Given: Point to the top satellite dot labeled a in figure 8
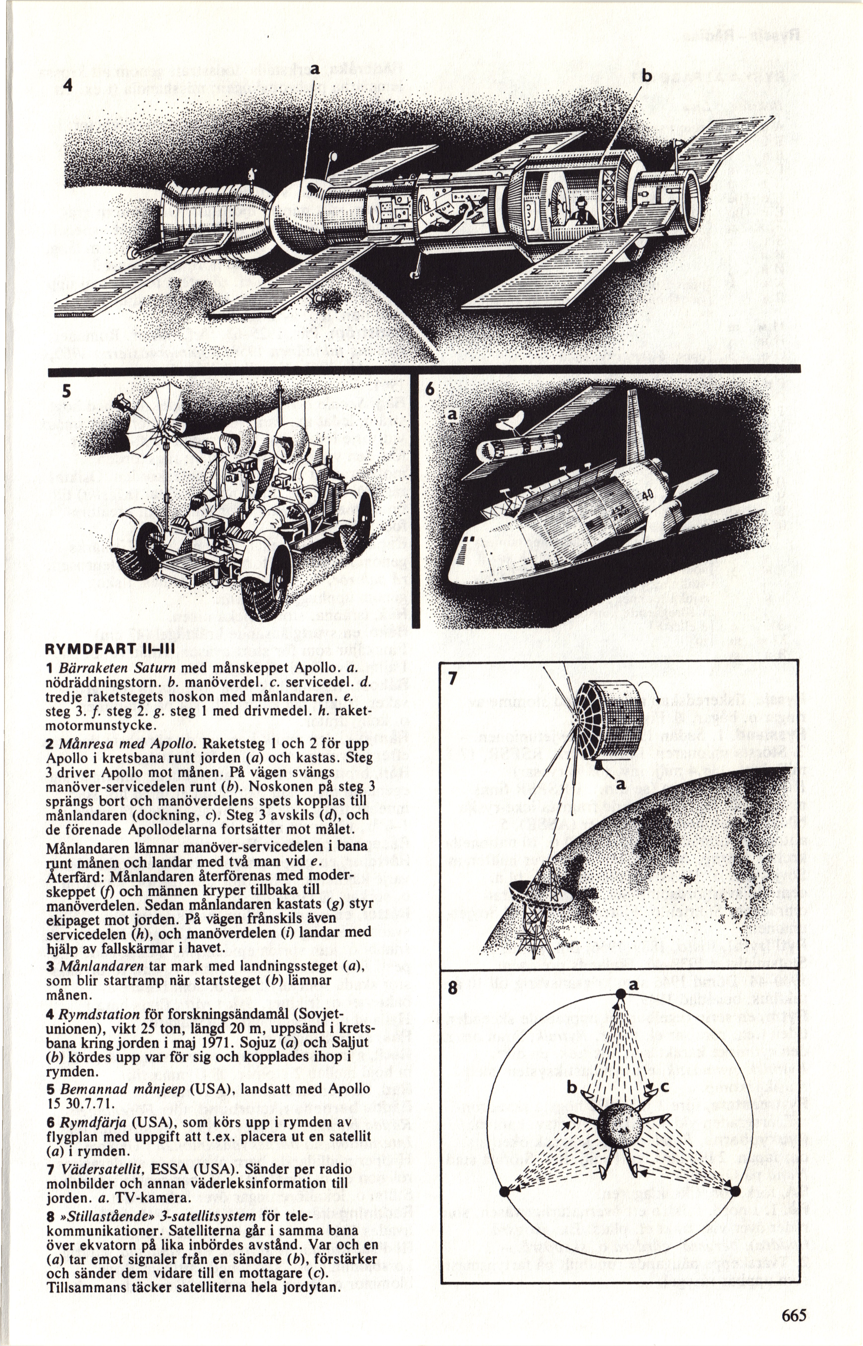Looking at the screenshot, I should point(620,994).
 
